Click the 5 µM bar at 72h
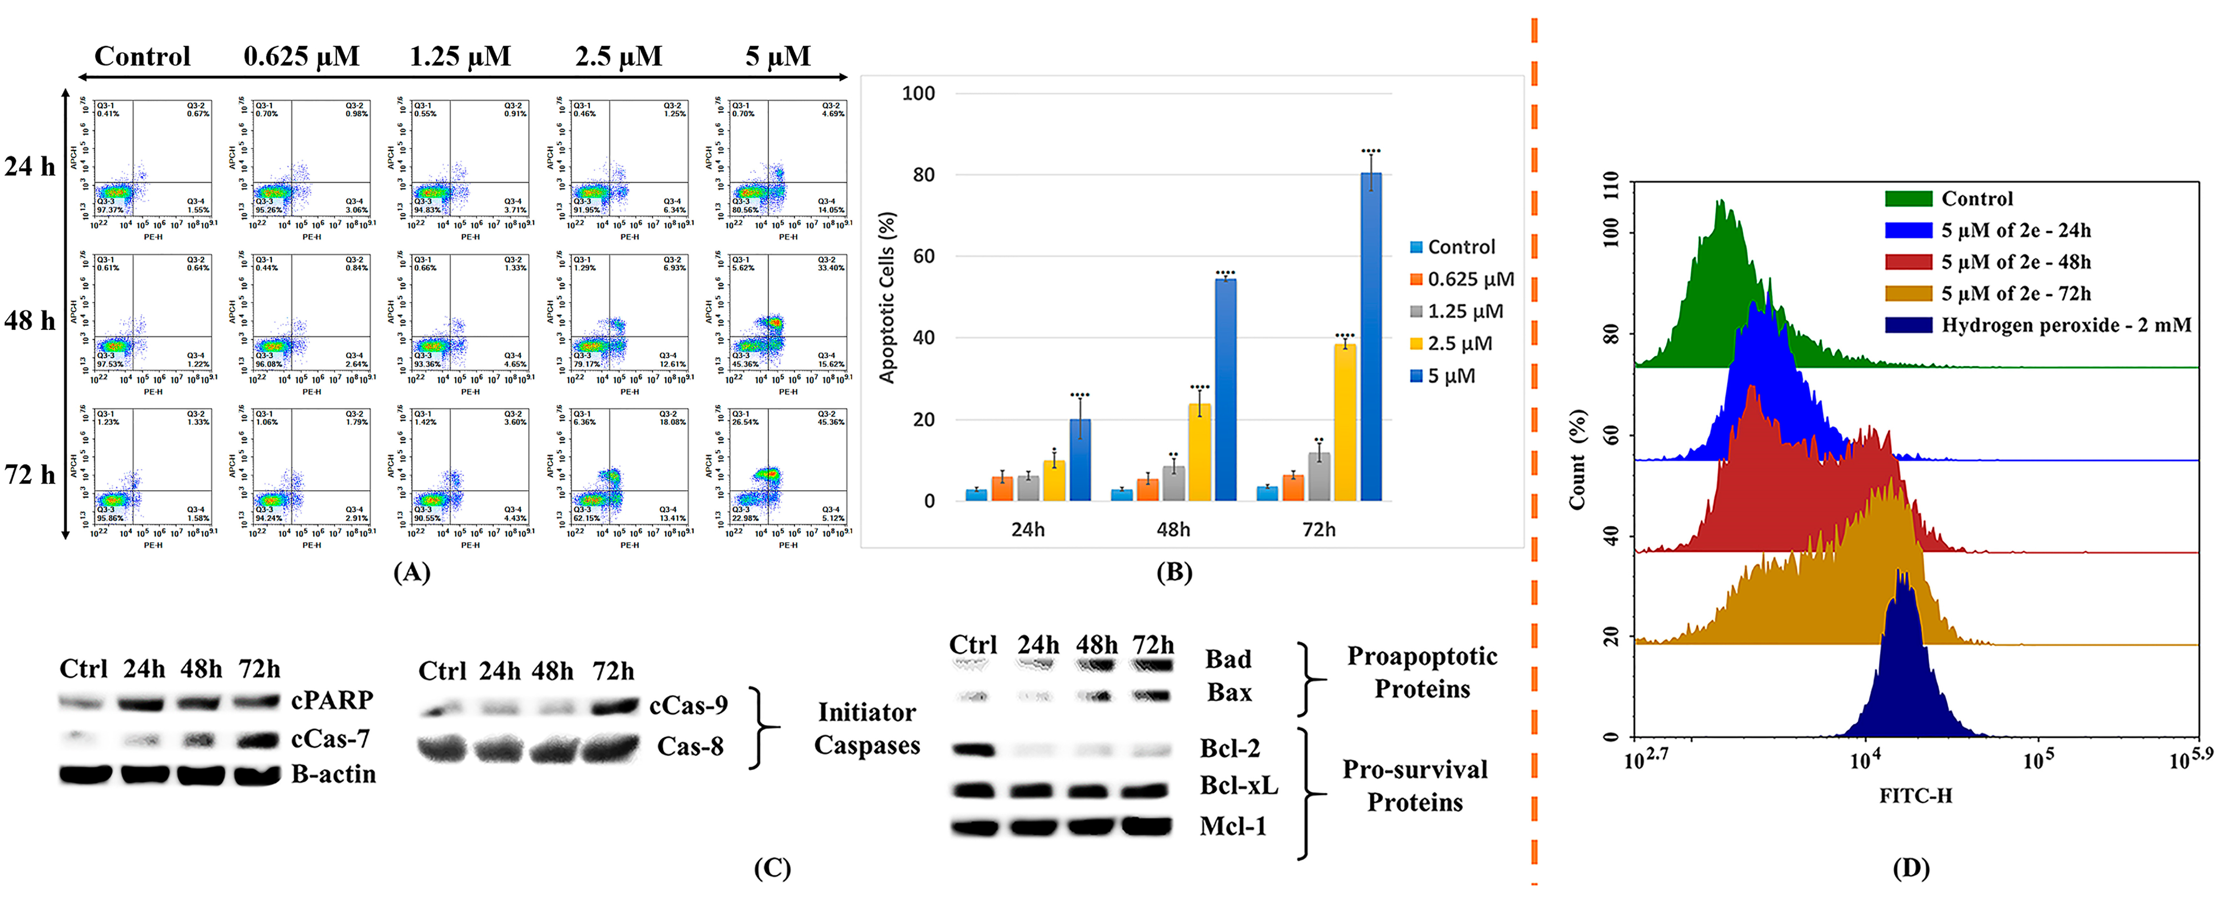[1371, 337]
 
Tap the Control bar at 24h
[976, 494]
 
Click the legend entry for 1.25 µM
[1464, 311]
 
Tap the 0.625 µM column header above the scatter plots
[301, 57]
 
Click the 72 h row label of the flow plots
[30, 475]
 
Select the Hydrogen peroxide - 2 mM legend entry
[2065, 325]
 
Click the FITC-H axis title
[1915, 795]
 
